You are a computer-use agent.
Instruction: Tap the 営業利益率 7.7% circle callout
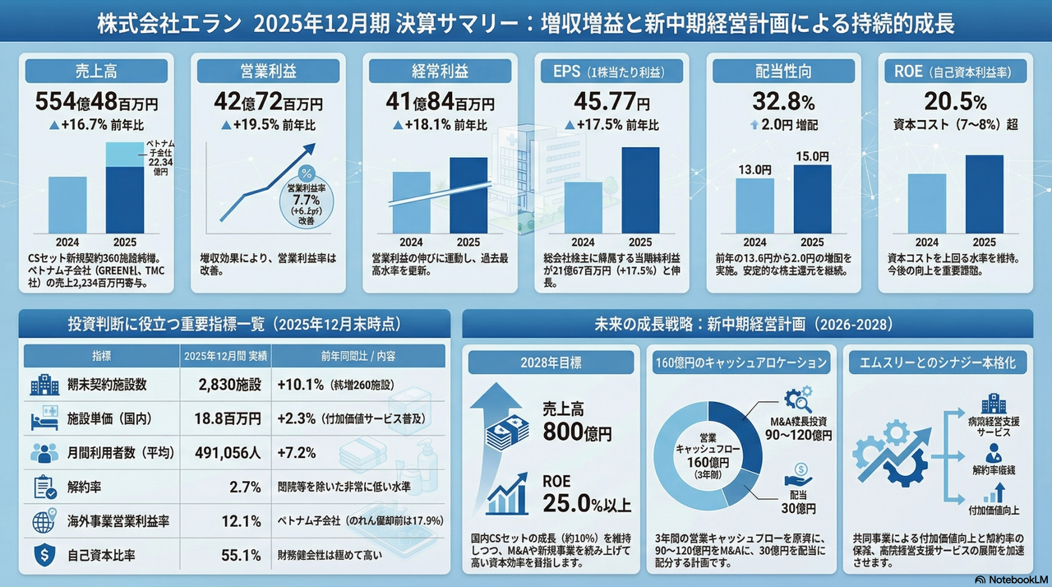click(x=307, y=198)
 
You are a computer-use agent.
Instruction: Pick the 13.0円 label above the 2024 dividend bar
click(x=754, y=170)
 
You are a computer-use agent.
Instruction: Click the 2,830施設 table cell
click(x=229, y=384)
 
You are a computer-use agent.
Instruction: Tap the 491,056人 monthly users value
click(x=228, y=452)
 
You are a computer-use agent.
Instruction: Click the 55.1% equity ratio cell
click(x=241, y=555)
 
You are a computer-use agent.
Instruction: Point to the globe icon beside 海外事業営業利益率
click(x=44, y=521)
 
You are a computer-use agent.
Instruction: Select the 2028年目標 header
click(x=551, y=363)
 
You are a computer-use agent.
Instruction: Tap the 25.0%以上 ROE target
click(x=587, y=501)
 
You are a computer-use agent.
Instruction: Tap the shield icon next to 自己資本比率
click(x=44, y=555)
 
